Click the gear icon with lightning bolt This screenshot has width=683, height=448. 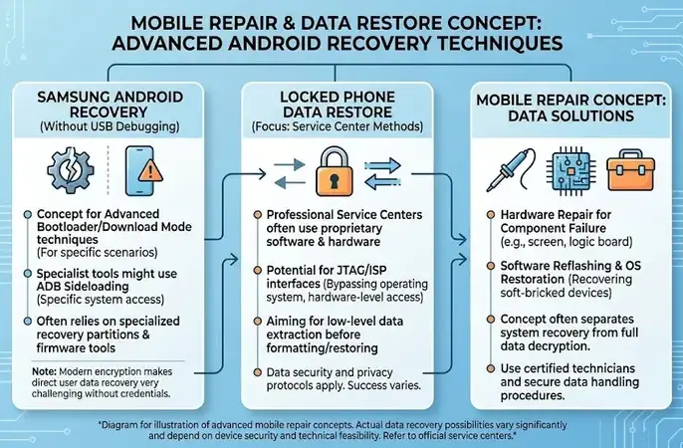point(70,170)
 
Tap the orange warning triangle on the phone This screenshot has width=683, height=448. point(150,170)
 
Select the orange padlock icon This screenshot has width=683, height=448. point(335,171)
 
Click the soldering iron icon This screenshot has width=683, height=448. point(511,170)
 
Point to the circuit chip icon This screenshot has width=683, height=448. point(570,170)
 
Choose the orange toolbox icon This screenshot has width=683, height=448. point(630,170)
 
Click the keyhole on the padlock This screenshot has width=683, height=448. point(335,180)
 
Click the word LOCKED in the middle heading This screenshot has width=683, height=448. point(308,97)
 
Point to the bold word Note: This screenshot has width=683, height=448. point(44,371)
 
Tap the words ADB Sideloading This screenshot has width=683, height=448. point(83,287)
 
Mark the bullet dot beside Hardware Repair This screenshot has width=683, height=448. point(491,215)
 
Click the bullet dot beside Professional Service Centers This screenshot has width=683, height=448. point(258,215)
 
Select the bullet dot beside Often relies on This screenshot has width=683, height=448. point(28,322)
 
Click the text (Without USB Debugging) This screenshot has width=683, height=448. point(110,126)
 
